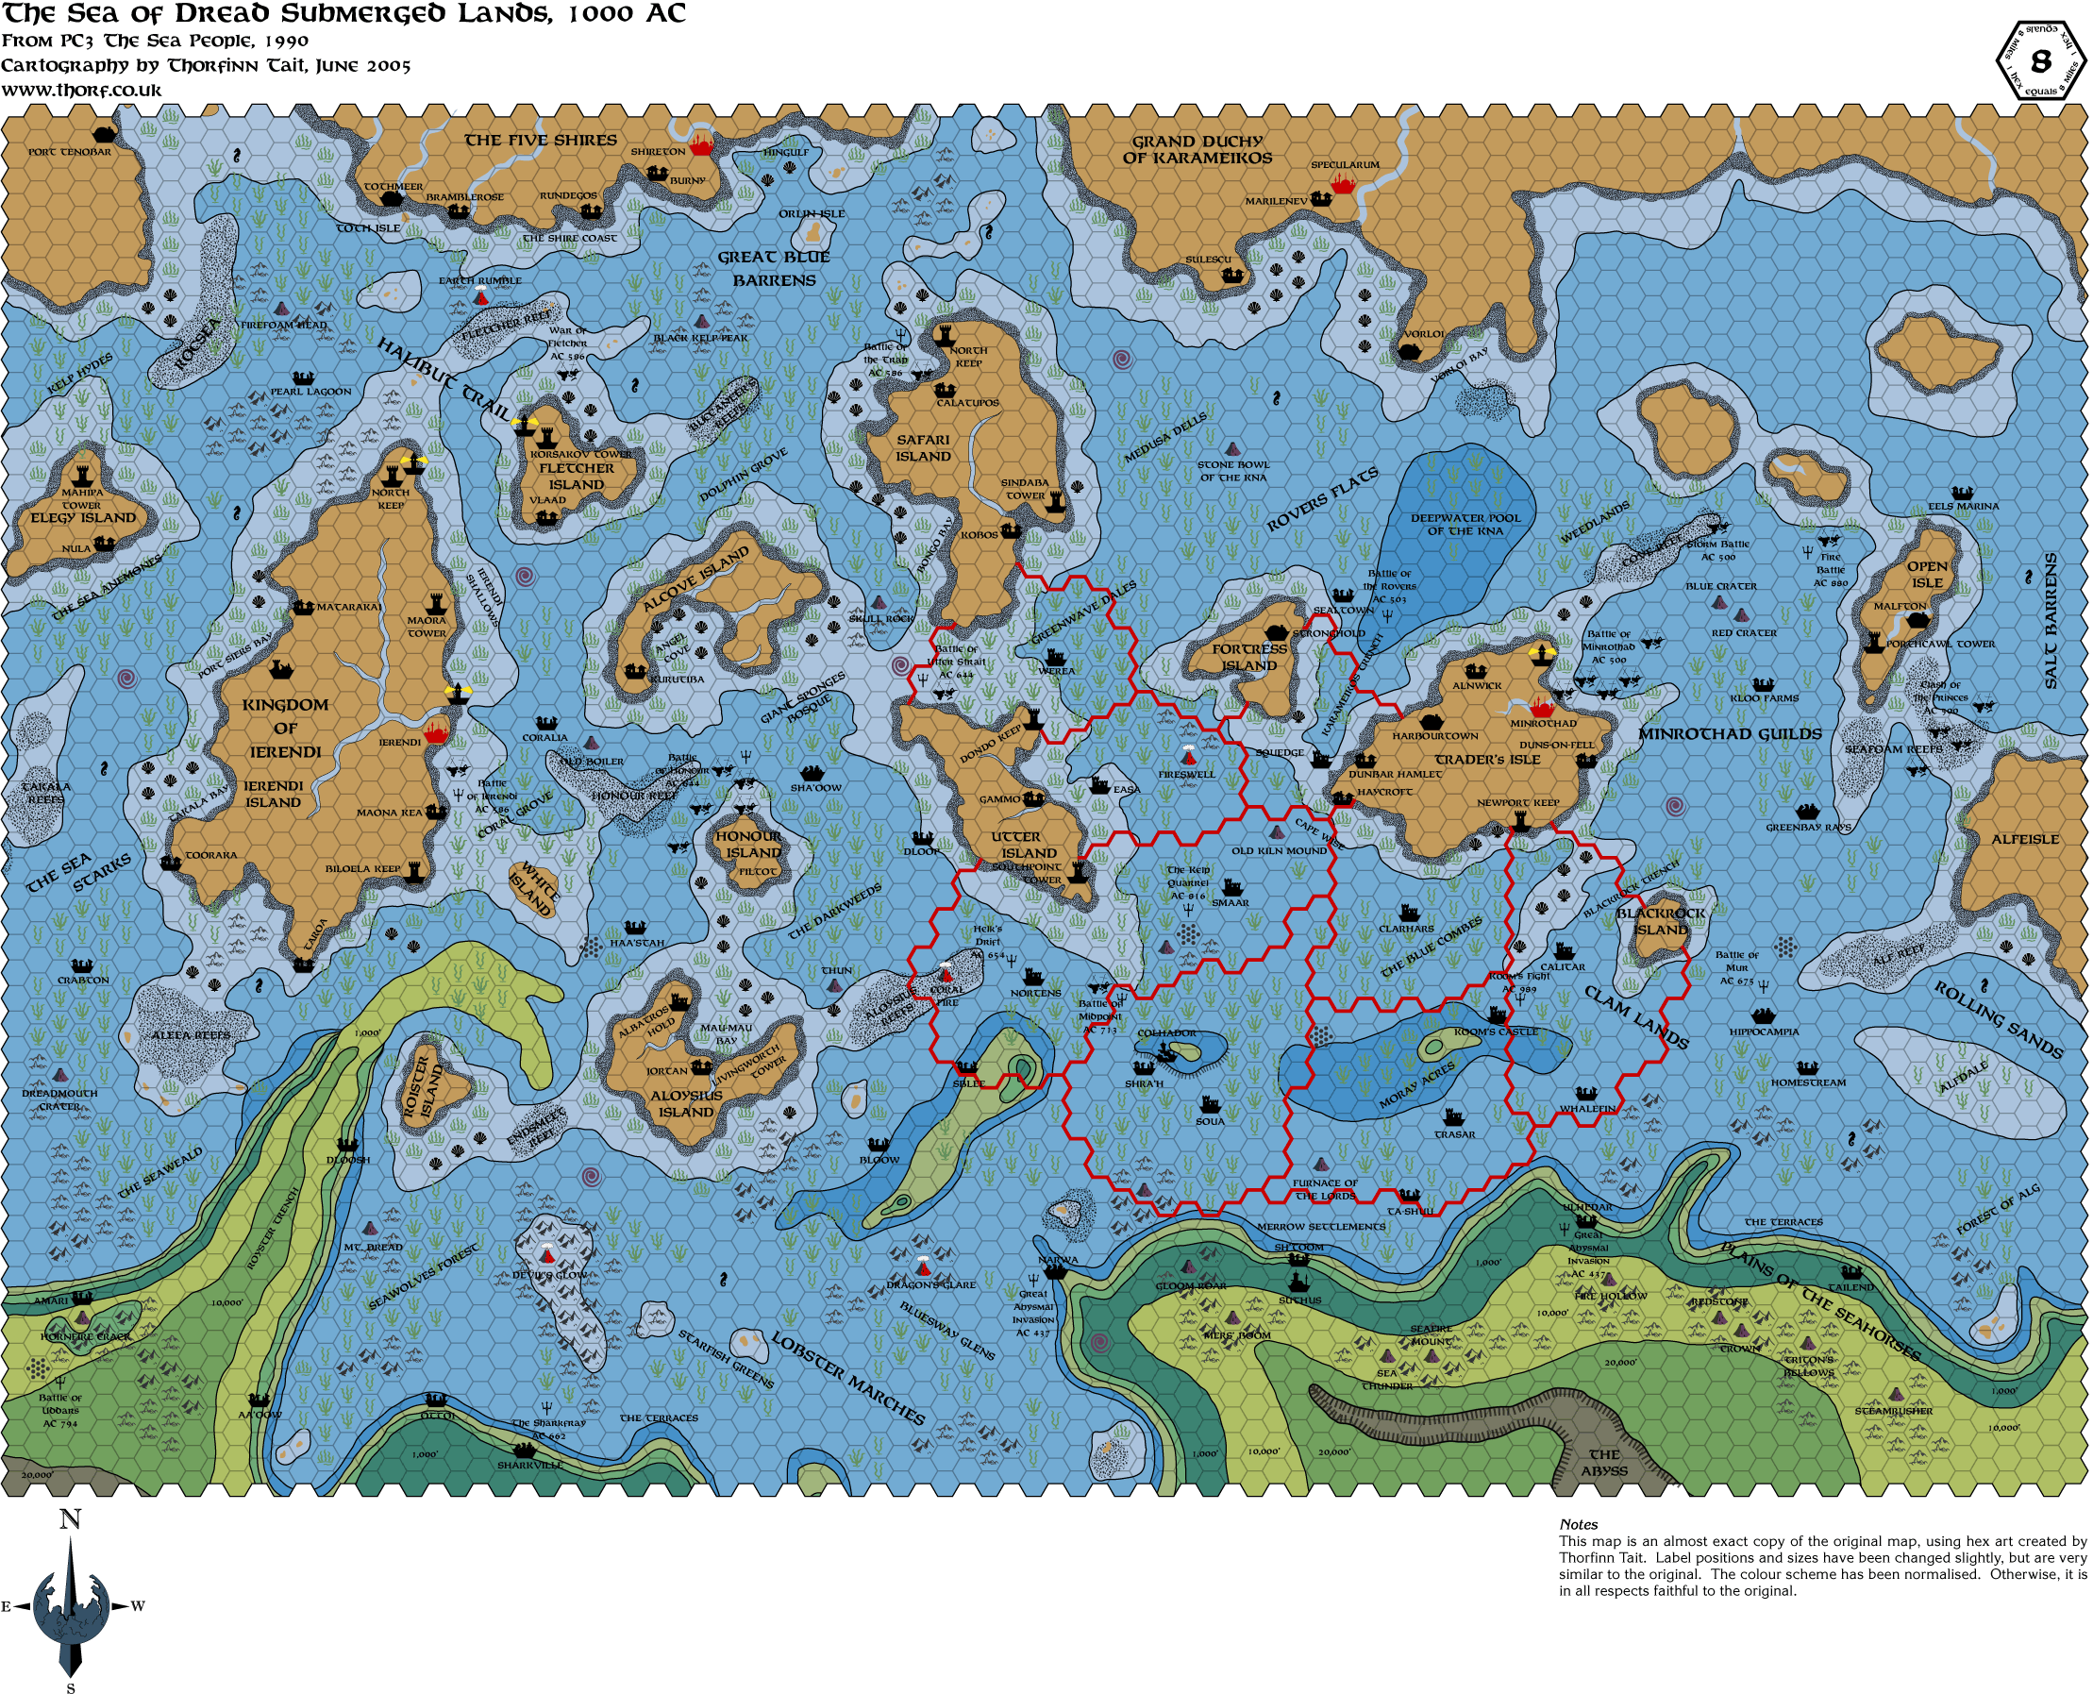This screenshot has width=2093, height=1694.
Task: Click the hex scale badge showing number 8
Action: [2039, 61]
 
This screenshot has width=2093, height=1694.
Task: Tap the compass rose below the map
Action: [71, 1605]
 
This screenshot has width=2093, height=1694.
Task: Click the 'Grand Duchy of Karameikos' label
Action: [1197, 149]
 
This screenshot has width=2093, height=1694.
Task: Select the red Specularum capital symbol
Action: [1344, 183]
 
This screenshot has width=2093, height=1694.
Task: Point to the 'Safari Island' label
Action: [923, 448]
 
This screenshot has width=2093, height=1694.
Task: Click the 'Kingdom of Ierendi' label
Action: [285, 728]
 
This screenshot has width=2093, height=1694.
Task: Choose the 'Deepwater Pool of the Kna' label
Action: [1465, 524]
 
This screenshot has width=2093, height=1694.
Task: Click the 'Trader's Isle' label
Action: [1487, 759]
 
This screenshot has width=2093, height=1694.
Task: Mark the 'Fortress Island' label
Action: [1250, 657]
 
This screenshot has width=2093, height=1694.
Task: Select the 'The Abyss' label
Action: [1604, 1463]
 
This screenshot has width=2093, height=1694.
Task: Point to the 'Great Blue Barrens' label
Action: [774, 268]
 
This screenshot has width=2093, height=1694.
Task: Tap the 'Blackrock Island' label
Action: [1661, 921]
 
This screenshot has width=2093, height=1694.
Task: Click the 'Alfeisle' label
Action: [2025, 839]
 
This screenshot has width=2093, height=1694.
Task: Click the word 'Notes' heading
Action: [1578, 1524]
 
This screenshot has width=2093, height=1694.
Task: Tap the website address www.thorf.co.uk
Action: [82, 90]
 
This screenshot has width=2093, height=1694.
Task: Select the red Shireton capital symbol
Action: [701, 147]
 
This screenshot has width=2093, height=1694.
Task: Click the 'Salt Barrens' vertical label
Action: [2051, 621]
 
